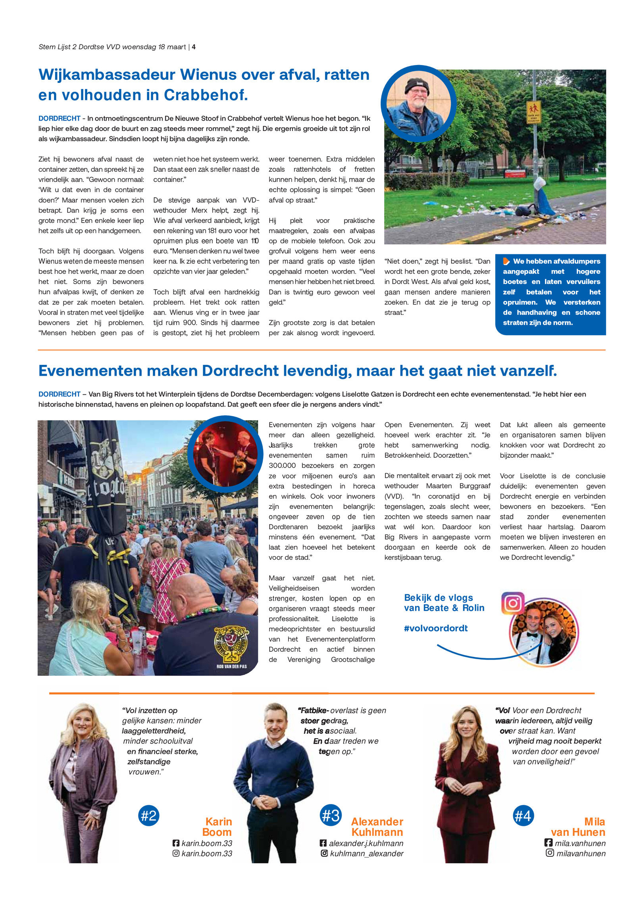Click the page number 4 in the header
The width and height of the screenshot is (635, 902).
coord(194,47)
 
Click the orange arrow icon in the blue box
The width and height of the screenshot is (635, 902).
coord(506,261)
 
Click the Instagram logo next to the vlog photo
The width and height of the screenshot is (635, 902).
coord(513,603)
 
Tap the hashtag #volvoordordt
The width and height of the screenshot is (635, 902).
coord(436,628)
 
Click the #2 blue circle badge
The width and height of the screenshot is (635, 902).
coord(149,816)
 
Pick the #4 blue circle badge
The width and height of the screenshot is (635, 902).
coord(523,816)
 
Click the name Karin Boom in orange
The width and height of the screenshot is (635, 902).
coord(217,827)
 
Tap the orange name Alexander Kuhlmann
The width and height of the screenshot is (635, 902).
coord(377,827)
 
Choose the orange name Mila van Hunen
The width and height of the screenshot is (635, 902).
coord(578,827)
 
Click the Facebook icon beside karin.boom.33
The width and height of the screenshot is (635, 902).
coord(176,843)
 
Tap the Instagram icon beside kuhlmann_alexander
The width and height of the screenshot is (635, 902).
coord(324,853)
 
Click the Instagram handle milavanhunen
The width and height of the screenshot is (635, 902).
coord(581,853)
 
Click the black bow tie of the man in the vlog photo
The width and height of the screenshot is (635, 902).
coord(532,635)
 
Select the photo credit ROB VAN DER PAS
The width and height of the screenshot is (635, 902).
coord(231,666)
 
